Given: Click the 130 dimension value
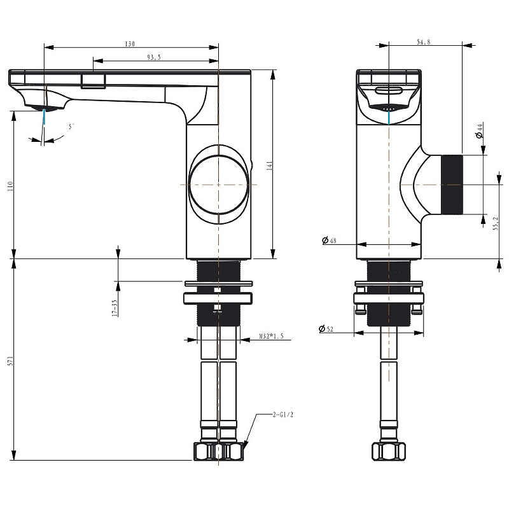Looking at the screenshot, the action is tap(130, 44).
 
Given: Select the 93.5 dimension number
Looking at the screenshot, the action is tap(154, 57).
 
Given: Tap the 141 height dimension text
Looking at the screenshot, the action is tap(269, 166).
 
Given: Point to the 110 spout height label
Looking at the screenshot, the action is tap(10, 186).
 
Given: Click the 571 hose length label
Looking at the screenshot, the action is tap(10, 361).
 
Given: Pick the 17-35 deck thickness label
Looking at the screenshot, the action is tap(115, 308).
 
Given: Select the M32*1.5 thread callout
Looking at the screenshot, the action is tap(271, 337).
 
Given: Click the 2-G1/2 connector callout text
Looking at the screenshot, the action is tap(282, 415).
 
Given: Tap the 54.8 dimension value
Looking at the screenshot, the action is tap(423, 42).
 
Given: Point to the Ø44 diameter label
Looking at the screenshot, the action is tap(480, 130).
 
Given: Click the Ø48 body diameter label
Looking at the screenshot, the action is tap(329, 241).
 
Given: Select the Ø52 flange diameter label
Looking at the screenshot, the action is tap(326, 329).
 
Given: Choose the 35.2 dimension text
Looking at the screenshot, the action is tap(496, 224).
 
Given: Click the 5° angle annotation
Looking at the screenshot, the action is tap(72, 126).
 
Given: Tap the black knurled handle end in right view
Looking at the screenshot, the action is tap(452, 185).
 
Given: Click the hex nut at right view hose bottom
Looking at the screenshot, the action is tap(389, 451).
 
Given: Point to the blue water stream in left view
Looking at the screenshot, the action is tap(44, 116).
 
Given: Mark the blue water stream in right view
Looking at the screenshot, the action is tap(389, 117).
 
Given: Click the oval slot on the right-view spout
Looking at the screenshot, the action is tap(389, 90).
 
